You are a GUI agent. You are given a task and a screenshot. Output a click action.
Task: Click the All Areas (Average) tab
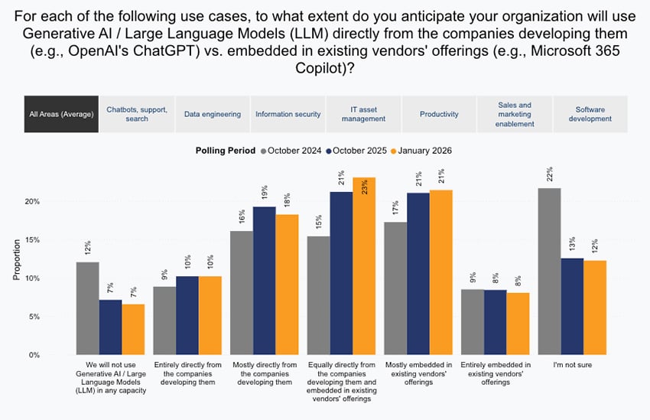[x=61, y=114]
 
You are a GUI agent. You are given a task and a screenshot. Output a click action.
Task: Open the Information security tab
[x=288, y=114]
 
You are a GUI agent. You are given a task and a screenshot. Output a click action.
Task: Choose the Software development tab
[x=590, y=114]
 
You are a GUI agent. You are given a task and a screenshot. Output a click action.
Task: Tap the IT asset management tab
[x=363, y=114]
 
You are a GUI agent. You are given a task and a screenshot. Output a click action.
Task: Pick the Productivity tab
[x=439, y=114]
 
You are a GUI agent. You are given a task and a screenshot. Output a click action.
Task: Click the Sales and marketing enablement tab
[x=514, y=114]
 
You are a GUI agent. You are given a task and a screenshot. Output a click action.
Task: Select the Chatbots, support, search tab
[x=137, y=114]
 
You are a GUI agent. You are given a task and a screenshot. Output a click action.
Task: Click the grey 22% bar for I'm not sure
[x=549, y=271]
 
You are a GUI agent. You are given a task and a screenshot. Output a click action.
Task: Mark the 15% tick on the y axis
[x=33, y=239]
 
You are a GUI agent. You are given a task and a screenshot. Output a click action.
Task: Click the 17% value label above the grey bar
[x=395, y=209]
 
